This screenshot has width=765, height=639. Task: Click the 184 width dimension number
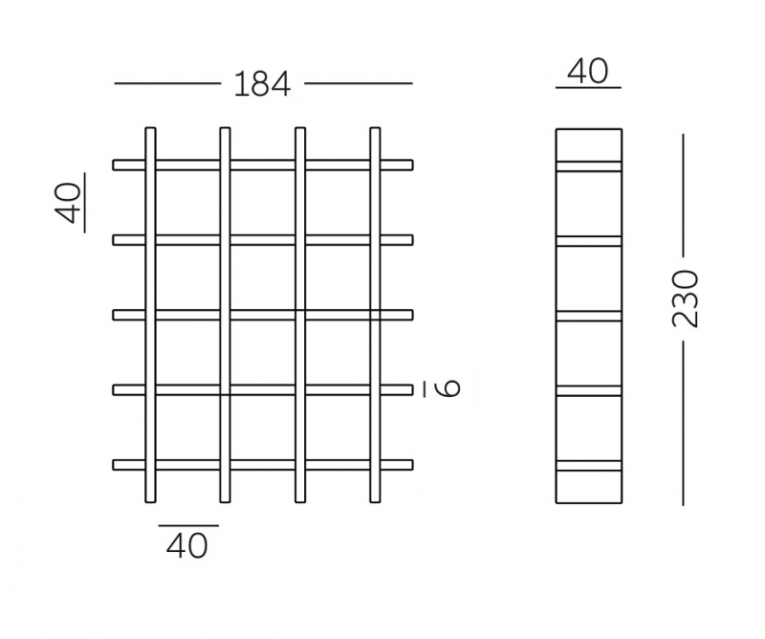coord(262,84)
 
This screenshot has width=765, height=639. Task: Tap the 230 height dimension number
coord(686,298)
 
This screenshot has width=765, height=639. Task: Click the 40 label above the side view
coord(588,72)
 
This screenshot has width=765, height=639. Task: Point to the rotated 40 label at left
coord(68,203)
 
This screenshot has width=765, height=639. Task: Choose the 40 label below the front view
coord(186,546)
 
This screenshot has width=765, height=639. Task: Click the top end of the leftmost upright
coord(151,128)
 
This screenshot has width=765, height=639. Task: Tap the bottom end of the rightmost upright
coord(375,501)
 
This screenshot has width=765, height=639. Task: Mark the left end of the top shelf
coord(114,165)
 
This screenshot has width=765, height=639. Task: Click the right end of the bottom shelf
coord(413,465)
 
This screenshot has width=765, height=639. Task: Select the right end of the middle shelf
coord(413,316)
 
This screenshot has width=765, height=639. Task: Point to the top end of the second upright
coord(225,128)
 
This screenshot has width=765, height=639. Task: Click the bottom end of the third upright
coord(300,501)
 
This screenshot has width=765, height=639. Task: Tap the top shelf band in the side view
coord(589,166)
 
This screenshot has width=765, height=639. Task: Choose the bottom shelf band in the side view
coord(589,466)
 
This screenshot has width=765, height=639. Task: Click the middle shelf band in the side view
coord(589,316)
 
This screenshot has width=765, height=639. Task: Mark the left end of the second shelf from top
coord(114,240)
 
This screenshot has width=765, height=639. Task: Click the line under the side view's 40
coord(588,88)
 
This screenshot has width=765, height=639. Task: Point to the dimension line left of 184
coord(168,83)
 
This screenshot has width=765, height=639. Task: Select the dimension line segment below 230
coord(683,423)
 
